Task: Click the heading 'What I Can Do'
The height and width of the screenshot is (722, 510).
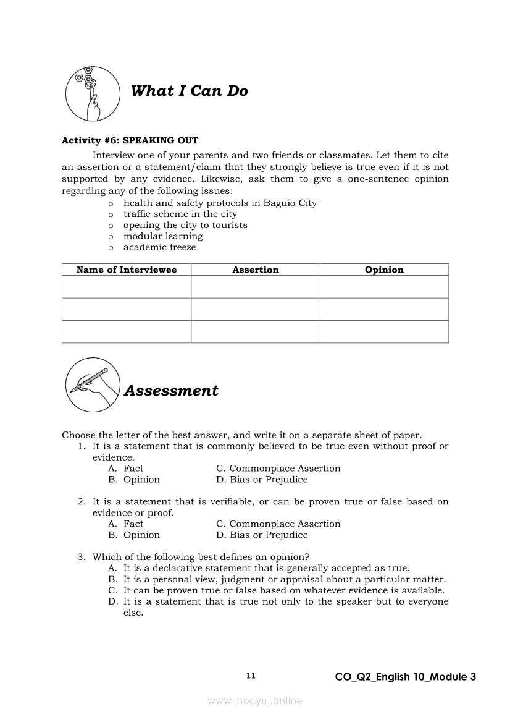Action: tap(189, 91)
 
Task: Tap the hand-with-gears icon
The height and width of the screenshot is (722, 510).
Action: tap(93, 94)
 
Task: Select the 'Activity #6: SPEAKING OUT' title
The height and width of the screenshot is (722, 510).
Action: tap(130, 140)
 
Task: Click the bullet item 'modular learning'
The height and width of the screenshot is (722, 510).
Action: tap(163, 236)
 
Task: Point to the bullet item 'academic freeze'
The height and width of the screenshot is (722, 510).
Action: tap(159, 247)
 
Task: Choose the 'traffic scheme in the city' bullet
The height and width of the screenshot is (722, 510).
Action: tap(180, 214)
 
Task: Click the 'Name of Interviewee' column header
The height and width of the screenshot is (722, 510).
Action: tap(127, 270)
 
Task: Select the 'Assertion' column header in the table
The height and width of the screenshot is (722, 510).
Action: tap(256, 270)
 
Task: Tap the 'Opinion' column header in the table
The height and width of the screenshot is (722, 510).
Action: tap(384, 270)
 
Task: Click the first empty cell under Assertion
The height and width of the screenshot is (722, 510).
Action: tap(256, 287)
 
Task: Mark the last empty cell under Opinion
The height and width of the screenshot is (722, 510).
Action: tap(384, 331)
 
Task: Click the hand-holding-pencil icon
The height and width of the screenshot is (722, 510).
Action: tap(93, 388)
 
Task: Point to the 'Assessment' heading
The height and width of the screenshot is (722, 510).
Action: tap(171, 391)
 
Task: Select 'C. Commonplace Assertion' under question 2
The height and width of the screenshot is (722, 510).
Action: tap(278, 524)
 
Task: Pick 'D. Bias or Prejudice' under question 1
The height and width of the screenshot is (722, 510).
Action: tap(262, 480)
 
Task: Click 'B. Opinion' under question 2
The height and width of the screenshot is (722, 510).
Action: tap(134, 535)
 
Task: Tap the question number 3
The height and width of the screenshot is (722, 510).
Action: tap(81, 557)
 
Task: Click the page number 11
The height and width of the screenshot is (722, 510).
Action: tap(251, 676)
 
